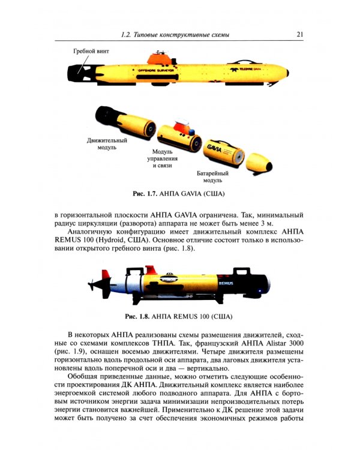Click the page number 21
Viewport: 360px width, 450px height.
click(x=301, y=34)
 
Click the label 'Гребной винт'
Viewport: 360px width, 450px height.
click(x=91, y=52)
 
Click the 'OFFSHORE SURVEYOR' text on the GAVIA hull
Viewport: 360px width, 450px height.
click(x=155, y=70)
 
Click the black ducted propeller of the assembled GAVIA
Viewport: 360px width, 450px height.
click(x=77, y=74)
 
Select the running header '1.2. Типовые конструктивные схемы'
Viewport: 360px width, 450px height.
click(x=175, y=35)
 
